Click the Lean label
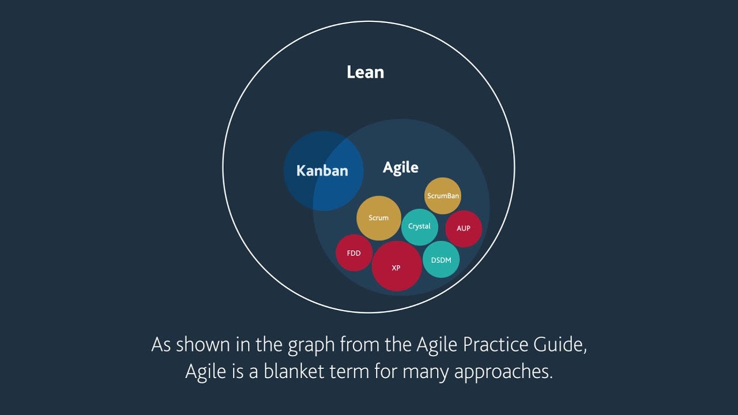pos(365,72)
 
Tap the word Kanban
pos(322,171)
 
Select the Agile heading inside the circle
pos(401,168)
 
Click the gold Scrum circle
pos(378,218)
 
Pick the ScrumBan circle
pos(443,196)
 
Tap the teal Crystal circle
pos(419,227)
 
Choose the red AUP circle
pos(463,228)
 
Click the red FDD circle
pos(354,253)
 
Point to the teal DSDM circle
pos(441,259)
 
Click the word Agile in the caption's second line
pos(204,371)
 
